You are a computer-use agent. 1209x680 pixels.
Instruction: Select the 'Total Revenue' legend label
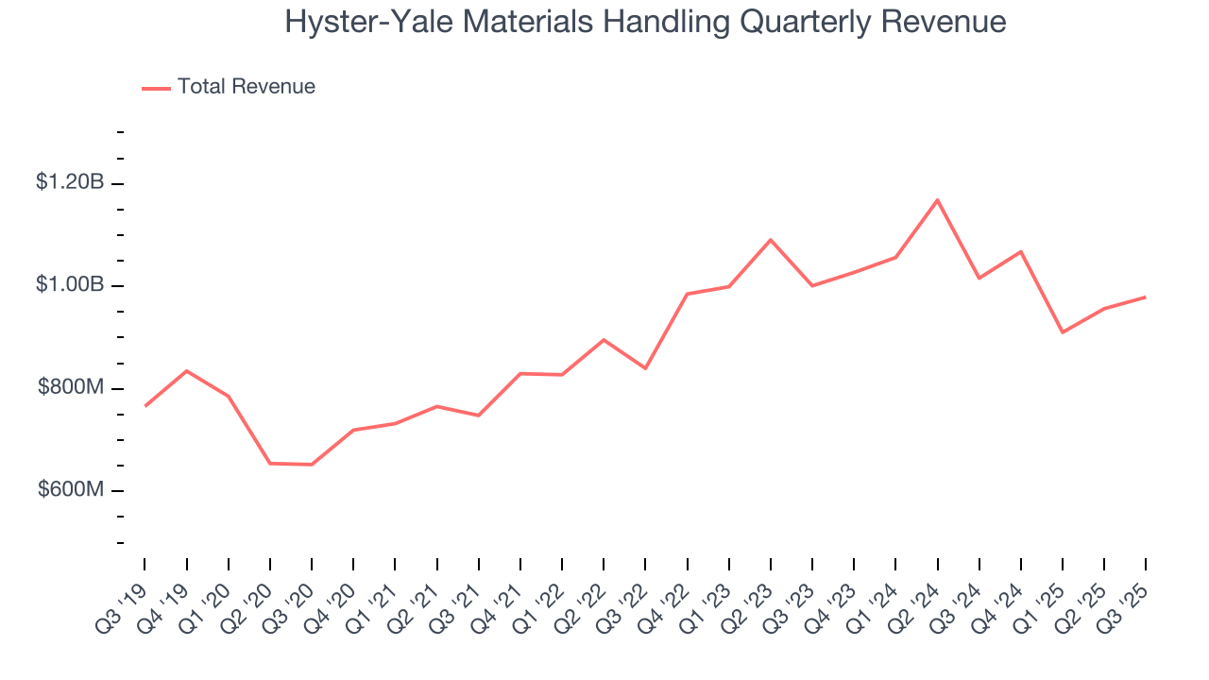247,87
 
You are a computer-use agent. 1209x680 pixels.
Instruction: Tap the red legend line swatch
156,88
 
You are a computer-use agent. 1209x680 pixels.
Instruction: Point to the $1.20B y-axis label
70,182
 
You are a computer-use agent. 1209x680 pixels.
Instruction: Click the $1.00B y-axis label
70,285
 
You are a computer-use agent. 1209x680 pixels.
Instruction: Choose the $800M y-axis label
71,387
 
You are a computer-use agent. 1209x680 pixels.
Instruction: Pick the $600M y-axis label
71,490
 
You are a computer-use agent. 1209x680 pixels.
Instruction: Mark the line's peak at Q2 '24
937,200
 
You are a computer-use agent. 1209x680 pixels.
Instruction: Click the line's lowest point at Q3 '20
312,465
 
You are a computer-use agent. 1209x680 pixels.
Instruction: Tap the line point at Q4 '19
187,371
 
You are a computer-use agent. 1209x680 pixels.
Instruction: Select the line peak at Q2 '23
771,240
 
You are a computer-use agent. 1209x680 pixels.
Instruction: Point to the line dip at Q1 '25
1063,332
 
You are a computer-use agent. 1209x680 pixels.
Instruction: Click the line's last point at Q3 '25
1146,297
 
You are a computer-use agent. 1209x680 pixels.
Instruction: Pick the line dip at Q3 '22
645,368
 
